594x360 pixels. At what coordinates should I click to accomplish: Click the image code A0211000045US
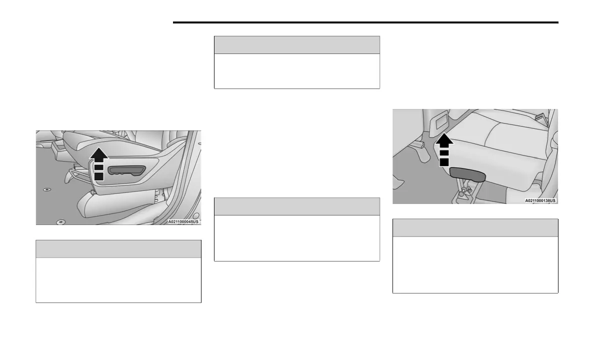point(183,221)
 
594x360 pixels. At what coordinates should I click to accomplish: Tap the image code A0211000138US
point(540,200)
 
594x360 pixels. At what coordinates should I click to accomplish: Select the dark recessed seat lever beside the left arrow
point(126,170)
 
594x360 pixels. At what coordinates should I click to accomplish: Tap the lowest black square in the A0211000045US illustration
point(98,176)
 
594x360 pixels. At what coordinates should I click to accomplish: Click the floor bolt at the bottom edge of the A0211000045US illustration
point(60,221)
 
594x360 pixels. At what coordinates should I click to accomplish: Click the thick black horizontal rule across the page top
point(365,22)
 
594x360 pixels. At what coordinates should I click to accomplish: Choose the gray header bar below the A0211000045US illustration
point(118,249)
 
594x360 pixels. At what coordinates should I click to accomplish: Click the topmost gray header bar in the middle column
point(296,45)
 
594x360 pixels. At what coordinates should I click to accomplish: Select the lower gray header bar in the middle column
point(296,206)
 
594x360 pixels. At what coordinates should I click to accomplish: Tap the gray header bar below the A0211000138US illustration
point(475,227)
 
